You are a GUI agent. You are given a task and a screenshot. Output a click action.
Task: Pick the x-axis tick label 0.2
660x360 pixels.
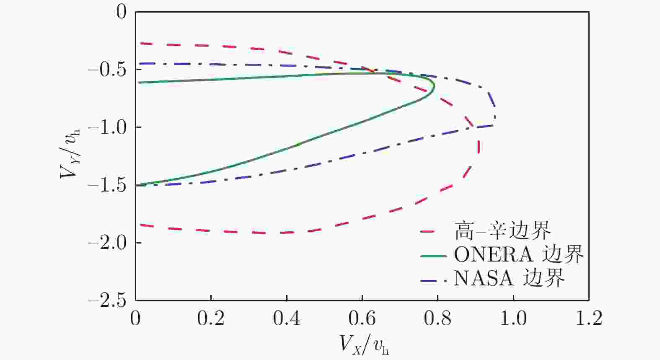[211, 319]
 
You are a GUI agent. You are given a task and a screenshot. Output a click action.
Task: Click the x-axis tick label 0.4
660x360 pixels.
[287, 319]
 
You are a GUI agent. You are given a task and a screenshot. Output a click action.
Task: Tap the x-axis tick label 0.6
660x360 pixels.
[362, 319]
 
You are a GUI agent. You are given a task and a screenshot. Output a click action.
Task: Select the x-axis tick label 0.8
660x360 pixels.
[438, 319]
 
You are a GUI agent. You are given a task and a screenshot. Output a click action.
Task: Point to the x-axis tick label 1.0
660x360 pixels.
[514, 319]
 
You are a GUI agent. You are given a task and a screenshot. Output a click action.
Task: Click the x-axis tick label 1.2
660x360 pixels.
[589, 319]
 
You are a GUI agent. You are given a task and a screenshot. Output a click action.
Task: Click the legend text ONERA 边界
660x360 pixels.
[519, 254]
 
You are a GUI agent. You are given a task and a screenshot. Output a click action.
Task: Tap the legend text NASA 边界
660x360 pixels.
[509, 278]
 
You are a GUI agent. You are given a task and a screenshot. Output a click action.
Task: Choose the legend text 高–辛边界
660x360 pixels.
[502, 231]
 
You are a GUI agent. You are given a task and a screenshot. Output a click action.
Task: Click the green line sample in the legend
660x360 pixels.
[433, 255]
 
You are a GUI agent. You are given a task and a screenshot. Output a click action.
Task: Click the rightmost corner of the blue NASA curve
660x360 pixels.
[496, 117]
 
